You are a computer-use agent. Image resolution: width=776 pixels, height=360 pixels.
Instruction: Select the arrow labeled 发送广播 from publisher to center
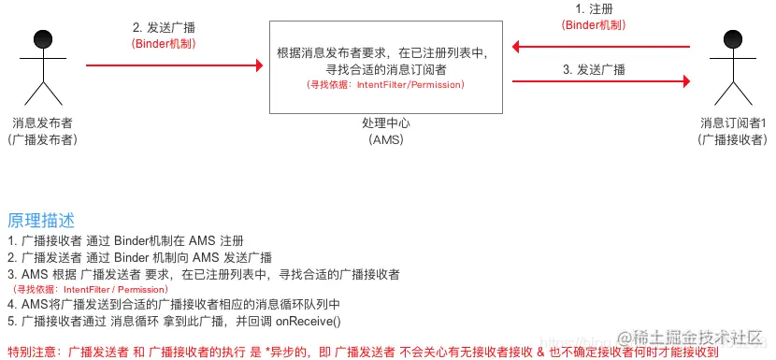click(x=173, y=65)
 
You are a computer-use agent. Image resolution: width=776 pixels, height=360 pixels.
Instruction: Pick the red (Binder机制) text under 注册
click(x=595, y=25)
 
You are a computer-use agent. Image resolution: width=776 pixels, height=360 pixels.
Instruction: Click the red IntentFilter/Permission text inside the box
click(x=385, y=85)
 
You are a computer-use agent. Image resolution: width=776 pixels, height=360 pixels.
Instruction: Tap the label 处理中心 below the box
click(x=385, y=123)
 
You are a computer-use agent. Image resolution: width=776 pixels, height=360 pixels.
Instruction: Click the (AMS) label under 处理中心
click(x=385, y=140)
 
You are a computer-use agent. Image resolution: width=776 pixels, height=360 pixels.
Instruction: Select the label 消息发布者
click(x=43, y=123)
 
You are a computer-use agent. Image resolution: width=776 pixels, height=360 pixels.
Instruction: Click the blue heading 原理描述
click(x=40, y=221)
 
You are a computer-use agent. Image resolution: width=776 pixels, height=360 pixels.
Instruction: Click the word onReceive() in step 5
click(x=308, y=321)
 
